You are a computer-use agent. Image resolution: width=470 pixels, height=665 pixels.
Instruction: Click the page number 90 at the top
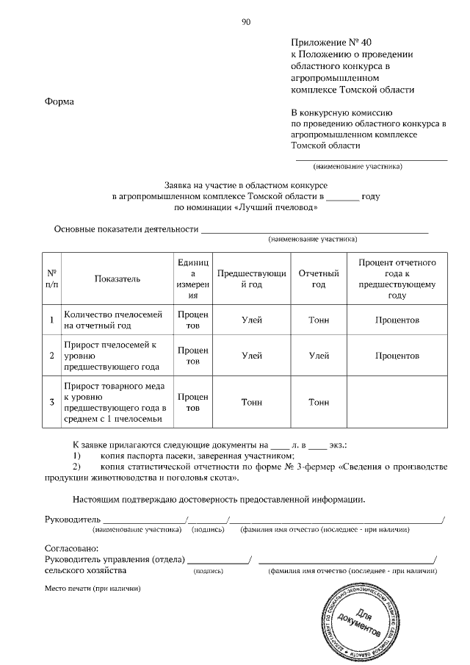click(x=246, y=22)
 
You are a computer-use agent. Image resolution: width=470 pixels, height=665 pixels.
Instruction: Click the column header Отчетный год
click(x=318, y=278)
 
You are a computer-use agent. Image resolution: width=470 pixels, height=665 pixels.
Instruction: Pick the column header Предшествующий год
click(x=251, y=278)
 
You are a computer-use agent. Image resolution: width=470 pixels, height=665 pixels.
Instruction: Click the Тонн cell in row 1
click(x=318, y=320)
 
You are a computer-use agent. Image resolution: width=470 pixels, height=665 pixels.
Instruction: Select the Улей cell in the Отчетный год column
click(x=318, y=355)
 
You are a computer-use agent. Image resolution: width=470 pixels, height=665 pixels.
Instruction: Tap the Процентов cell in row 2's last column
click(x=397, y=355)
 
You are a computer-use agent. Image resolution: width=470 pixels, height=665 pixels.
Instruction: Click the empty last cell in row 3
click(x=397, y=402)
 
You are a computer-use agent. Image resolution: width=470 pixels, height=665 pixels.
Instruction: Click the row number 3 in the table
click(x=51, y=402)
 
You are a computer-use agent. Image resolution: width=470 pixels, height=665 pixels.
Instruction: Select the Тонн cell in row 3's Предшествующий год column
click(x=251, y=402)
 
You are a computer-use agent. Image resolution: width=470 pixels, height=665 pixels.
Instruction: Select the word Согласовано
click(x=71, y=549)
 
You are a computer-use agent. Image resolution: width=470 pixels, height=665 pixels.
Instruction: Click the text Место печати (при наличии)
click(x=92, y=588)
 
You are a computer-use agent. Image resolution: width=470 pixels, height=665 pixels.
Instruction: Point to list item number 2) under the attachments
click(x=76, y=467)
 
